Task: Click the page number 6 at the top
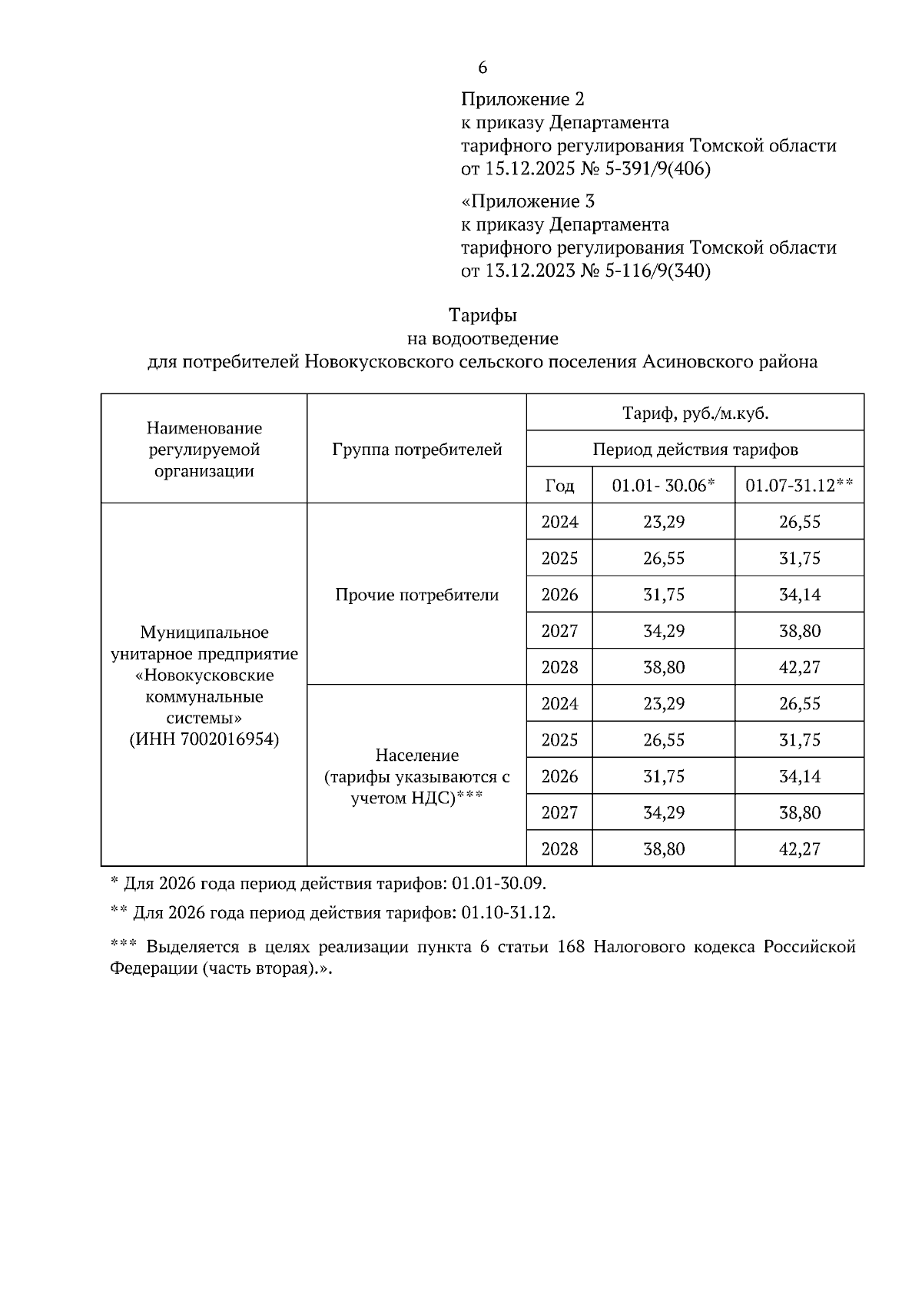click(x=483, y=68)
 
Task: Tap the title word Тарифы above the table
click(x=483, y=315)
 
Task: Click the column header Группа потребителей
click(x=417, y=449)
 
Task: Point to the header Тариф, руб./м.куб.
click(x=695, y=413)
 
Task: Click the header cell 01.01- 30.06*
click(x=663, y=486)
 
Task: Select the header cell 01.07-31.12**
click(x=799, y=486)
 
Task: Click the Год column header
click(x=559, y=486)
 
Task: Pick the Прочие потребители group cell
click(x=417, y=594)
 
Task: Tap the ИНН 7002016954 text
click(x=204, y=739)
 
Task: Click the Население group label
click(x=417, y=755)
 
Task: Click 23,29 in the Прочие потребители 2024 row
click(x=663, y=522)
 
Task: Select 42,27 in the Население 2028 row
click(x=799, y=848)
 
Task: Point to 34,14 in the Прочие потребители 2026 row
click(x=799, y=594)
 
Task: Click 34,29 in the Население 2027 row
click(x=663, y=812)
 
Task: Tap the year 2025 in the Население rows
click(x=559, y=740)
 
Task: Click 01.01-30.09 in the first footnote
click(x=499, y=883)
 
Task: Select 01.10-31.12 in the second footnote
click(x=508, y=913)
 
